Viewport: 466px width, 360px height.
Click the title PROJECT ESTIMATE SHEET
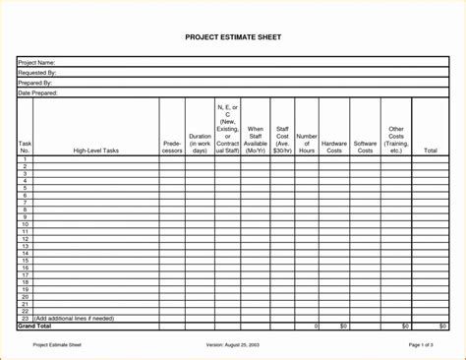point(232,38)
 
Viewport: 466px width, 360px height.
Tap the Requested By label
point(37,73)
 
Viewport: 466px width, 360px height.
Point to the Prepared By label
point(36,83)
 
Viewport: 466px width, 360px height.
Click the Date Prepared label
point(38,92)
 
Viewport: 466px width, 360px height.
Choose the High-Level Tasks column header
point(95,150)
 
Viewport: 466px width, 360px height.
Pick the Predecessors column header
point(172,146)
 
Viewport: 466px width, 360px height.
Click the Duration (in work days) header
point(200,143)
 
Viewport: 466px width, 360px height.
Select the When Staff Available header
point(256,140)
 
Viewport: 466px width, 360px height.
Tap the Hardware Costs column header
point(334,146)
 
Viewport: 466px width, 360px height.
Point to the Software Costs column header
point(366,146)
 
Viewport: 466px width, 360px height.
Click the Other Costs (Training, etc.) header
point(396,139)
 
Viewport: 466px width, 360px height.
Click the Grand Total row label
point(35,326)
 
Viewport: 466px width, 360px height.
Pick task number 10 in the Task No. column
point(25,224)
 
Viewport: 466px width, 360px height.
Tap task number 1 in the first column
point(25,158)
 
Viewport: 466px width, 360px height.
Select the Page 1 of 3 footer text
point(421,345)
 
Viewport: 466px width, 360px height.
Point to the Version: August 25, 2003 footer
point(232,345)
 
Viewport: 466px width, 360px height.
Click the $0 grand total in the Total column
point(443,326)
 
